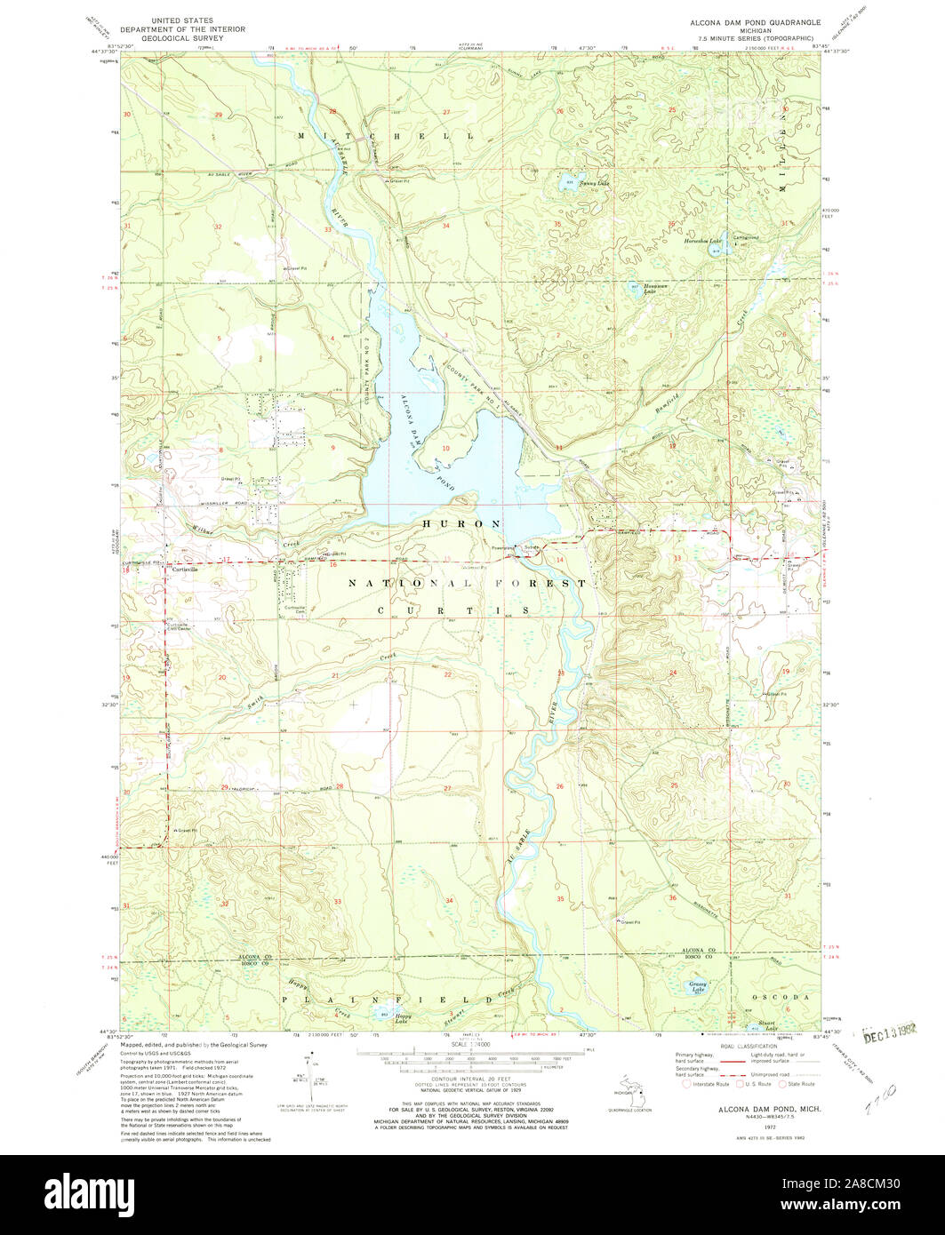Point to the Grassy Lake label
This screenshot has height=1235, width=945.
(x=699, y=986)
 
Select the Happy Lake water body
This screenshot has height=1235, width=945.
(x=384, y=1014)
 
